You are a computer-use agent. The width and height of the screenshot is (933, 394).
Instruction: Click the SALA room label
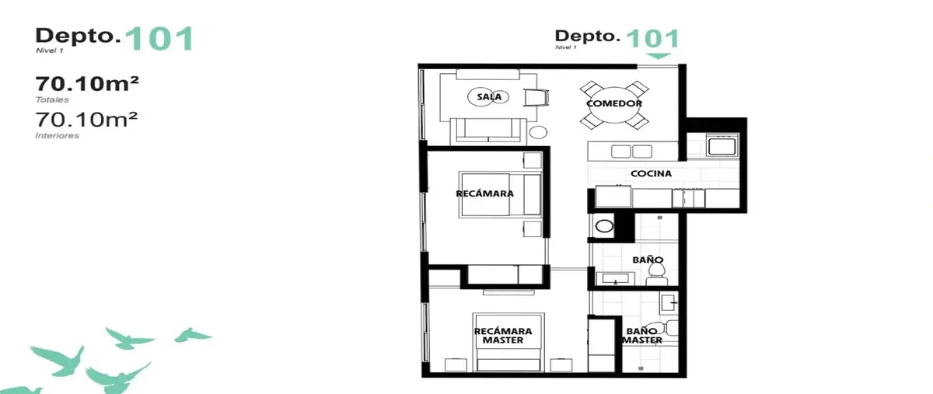tap(489, 97)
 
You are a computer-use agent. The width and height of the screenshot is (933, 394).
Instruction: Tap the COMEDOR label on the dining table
tap(614, 103)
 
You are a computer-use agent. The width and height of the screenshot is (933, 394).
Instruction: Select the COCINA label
tap(651, 173)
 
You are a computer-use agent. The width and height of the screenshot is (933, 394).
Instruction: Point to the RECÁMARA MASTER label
tap(503, 336)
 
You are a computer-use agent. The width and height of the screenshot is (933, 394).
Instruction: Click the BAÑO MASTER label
tap(642, 336)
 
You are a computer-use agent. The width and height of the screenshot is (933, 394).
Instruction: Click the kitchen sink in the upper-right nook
tap(722, 145)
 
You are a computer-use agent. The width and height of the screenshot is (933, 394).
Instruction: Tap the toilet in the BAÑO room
tap(657, 274)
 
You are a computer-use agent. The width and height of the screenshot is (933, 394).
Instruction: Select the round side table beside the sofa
tap(538, 132)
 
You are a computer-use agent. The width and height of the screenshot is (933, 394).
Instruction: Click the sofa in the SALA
tap(488, 131)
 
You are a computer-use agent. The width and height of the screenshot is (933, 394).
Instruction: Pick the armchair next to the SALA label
tap(536, 98)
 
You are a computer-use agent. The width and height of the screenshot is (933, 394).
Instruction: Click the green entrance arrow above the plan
tap(659, 56)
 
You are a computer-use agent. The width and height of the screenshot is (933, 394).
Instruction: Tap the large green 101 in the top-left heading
tap(159, 39)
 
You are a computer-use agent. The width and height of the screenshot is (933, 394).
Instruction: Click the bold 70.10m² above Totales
tap(86, 84)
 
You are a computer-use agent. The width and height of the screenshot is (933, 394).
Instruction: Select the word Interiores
tap(57, 136)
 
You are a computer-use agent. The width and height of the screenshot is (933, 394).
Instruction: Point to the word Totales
tap(52, 99)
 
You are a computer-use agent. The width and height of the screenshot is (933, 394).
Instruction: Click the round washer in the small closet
tap(604, 226)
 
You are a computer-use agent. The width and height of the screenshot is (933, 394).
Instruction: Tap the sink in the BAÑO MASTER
tap(669, 303)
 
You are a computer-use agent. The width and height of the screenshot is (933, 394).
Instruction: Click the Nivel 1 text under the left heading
tap(50, 51)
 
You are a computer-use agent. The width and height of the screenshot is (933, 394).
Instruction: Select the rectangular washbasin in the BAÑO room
tap(616, 279)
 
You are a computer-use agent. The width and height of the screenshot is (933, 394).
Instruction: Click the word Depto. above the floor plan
tap(587, 36)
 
